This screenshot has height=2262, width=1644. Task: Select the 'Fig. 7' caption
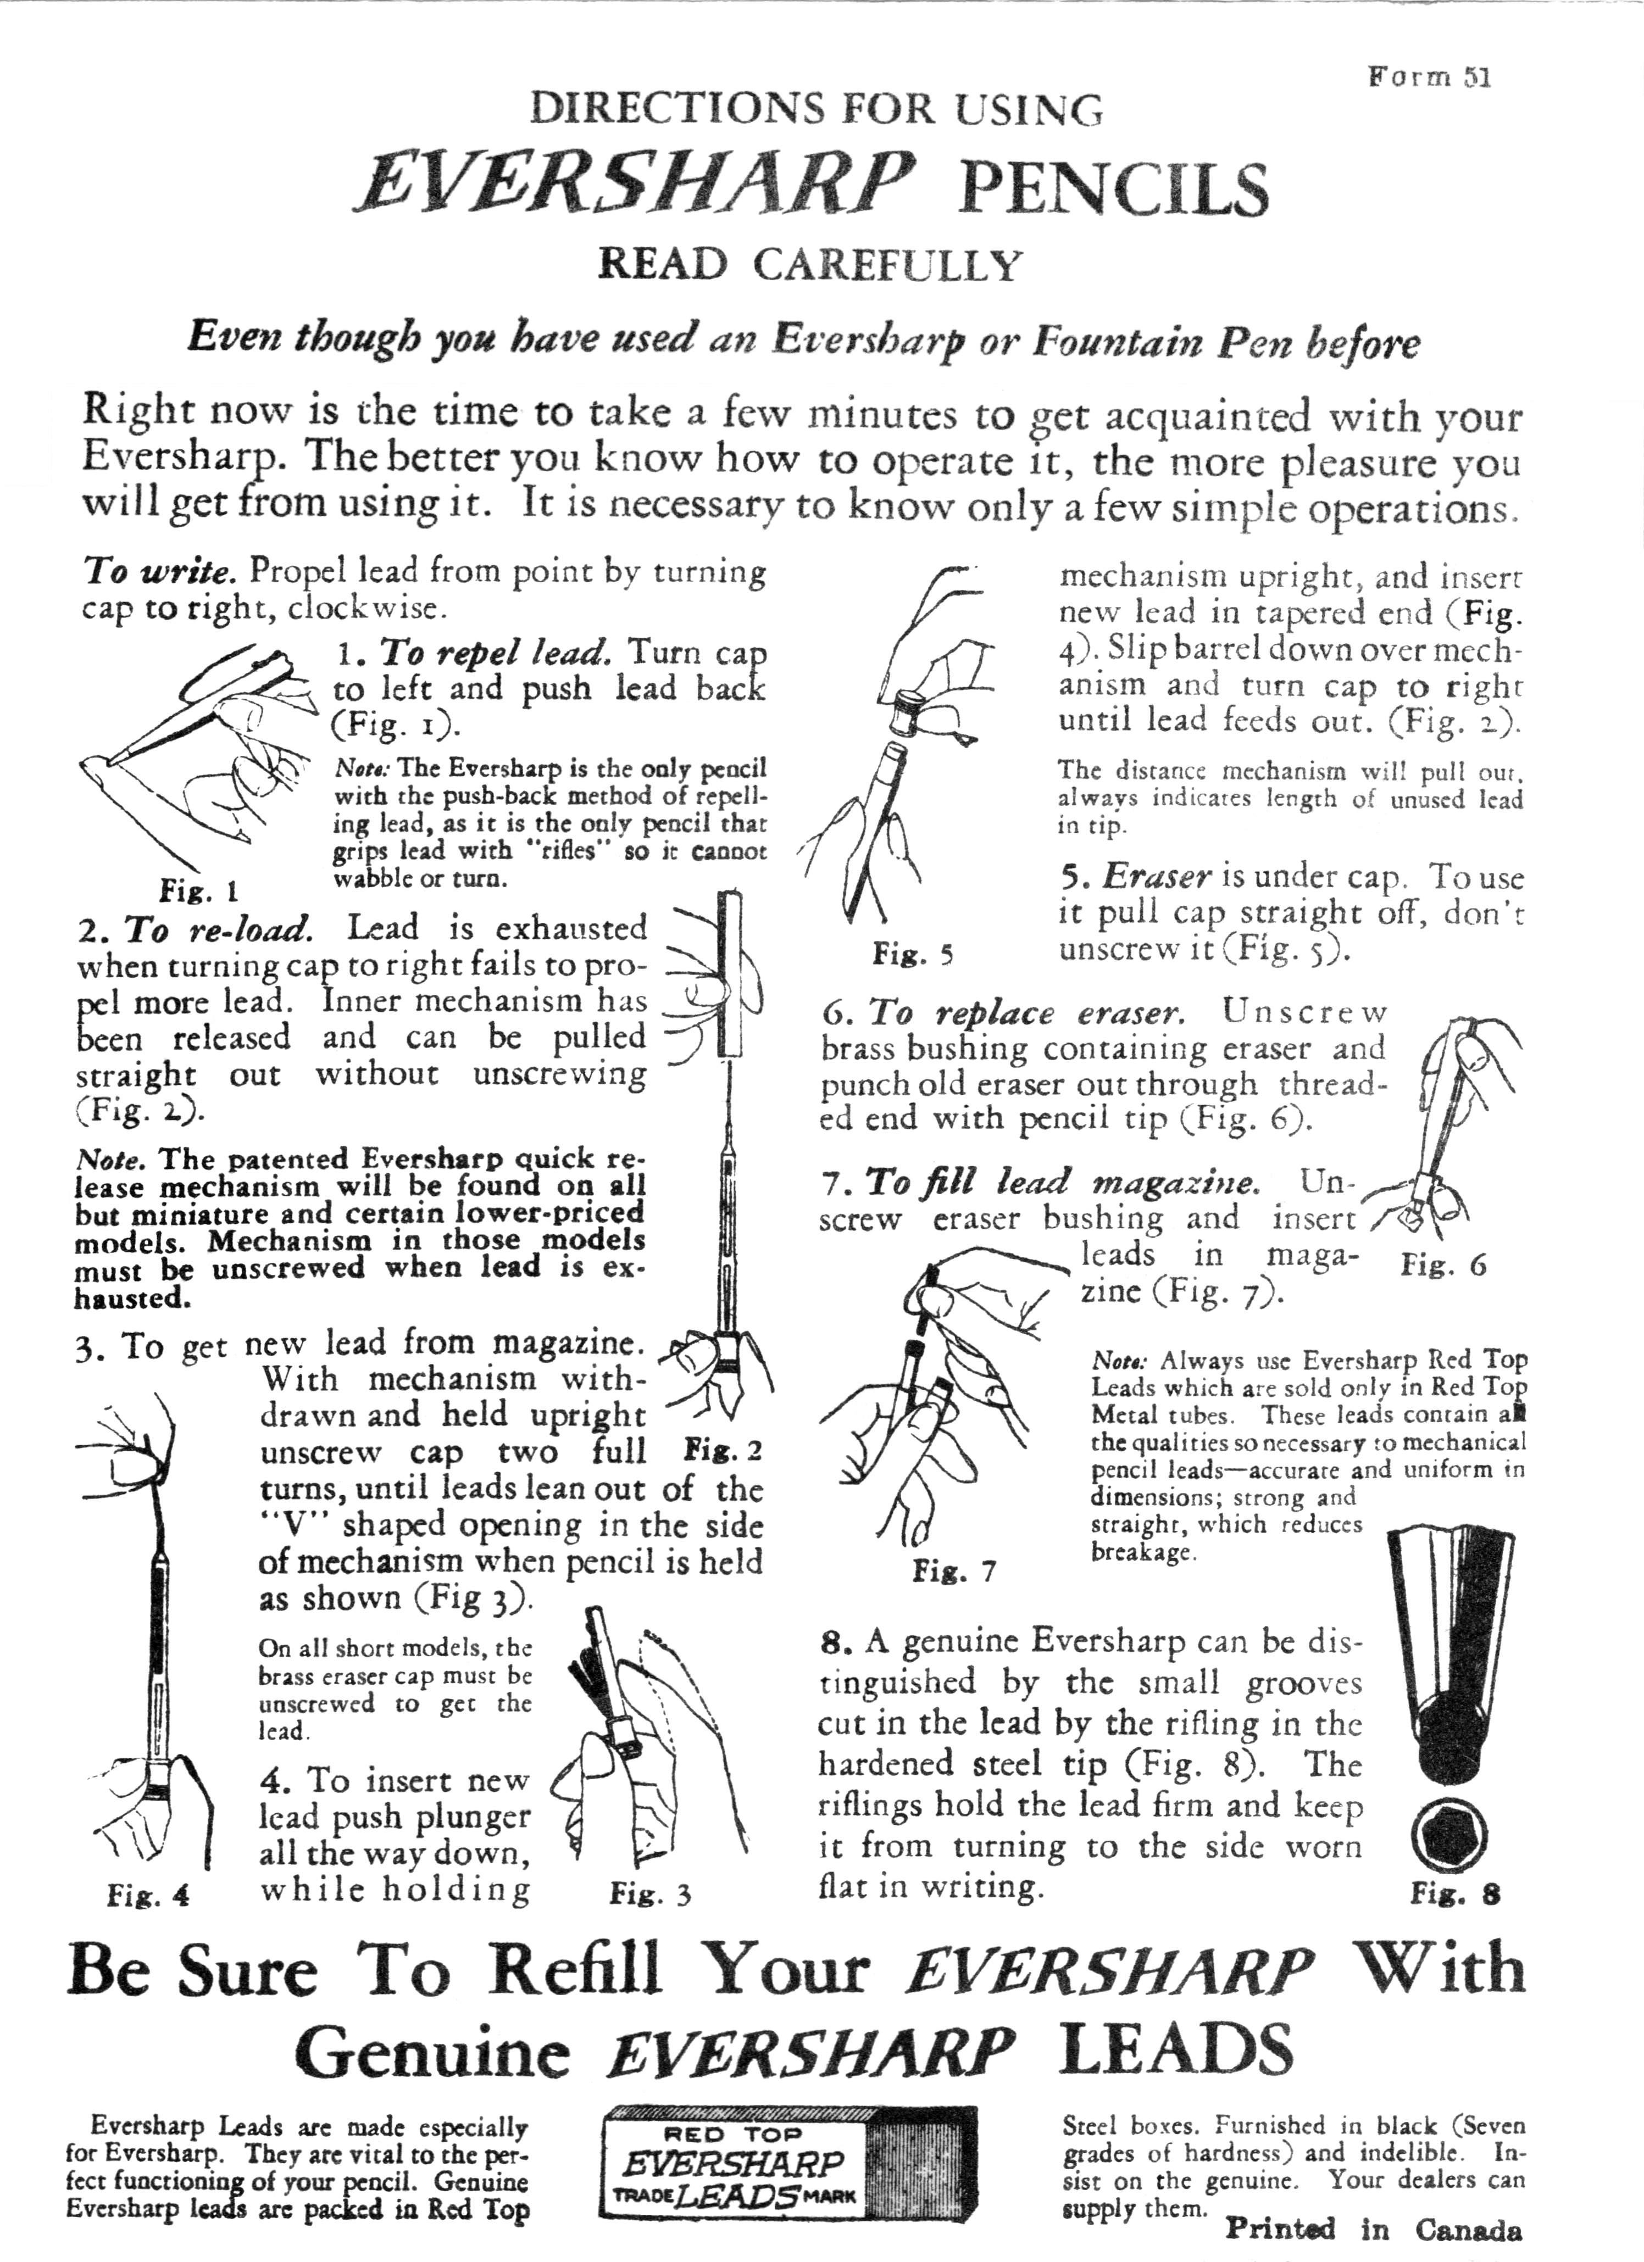pos(954,1572)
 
